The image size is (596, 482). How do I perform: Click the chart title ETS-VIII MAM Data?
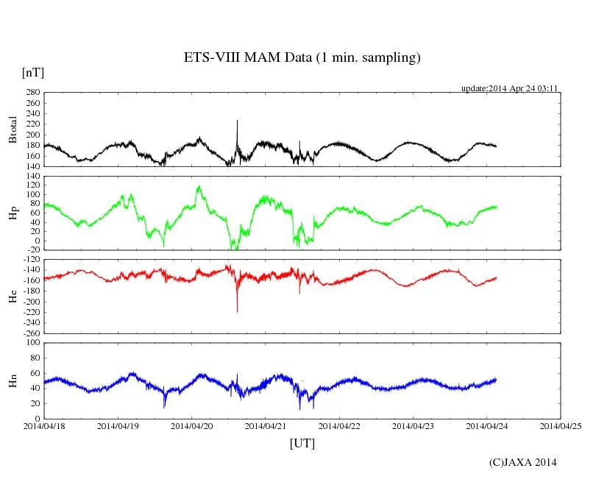click(302, 58)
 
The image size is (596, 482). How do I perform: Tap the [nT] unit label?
click(32, 72)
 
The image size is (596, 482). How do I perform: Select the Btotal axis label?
click(13, 130)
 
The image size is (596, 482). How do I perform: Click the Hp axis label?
click(13, 213)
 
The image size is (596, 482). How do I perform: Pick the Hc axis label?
click(13, 296)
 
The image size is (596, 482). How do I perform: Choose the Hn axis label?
click(13, 380)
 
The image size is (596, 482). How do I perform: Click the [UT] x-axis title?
click(302, 443)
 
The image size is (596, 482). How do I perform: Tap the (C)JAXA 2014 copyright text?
click(522, 462)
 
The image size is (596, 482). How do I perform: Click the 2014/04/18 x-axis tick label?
click(44, 425)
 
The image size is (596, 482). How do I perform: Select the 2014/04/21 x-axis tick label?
click(266, 425)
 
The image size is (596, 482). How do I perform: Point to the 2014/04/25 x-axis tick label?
click(561, 425)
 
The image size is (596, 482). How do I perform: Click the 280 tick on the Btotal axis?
click(31, 93)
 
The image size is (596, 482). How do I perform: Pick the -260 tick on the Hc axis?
click(29, 333)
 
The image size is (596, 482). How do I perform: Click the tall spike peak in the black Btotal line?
click(237, 121)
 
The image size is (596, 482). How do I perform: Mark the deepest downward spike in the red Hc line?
click(237, 311)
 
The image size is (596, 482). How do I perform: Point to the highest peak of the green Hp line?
click(199, 187)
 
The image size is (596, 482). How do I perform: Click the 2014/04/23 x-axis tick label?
click(414, 425)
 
